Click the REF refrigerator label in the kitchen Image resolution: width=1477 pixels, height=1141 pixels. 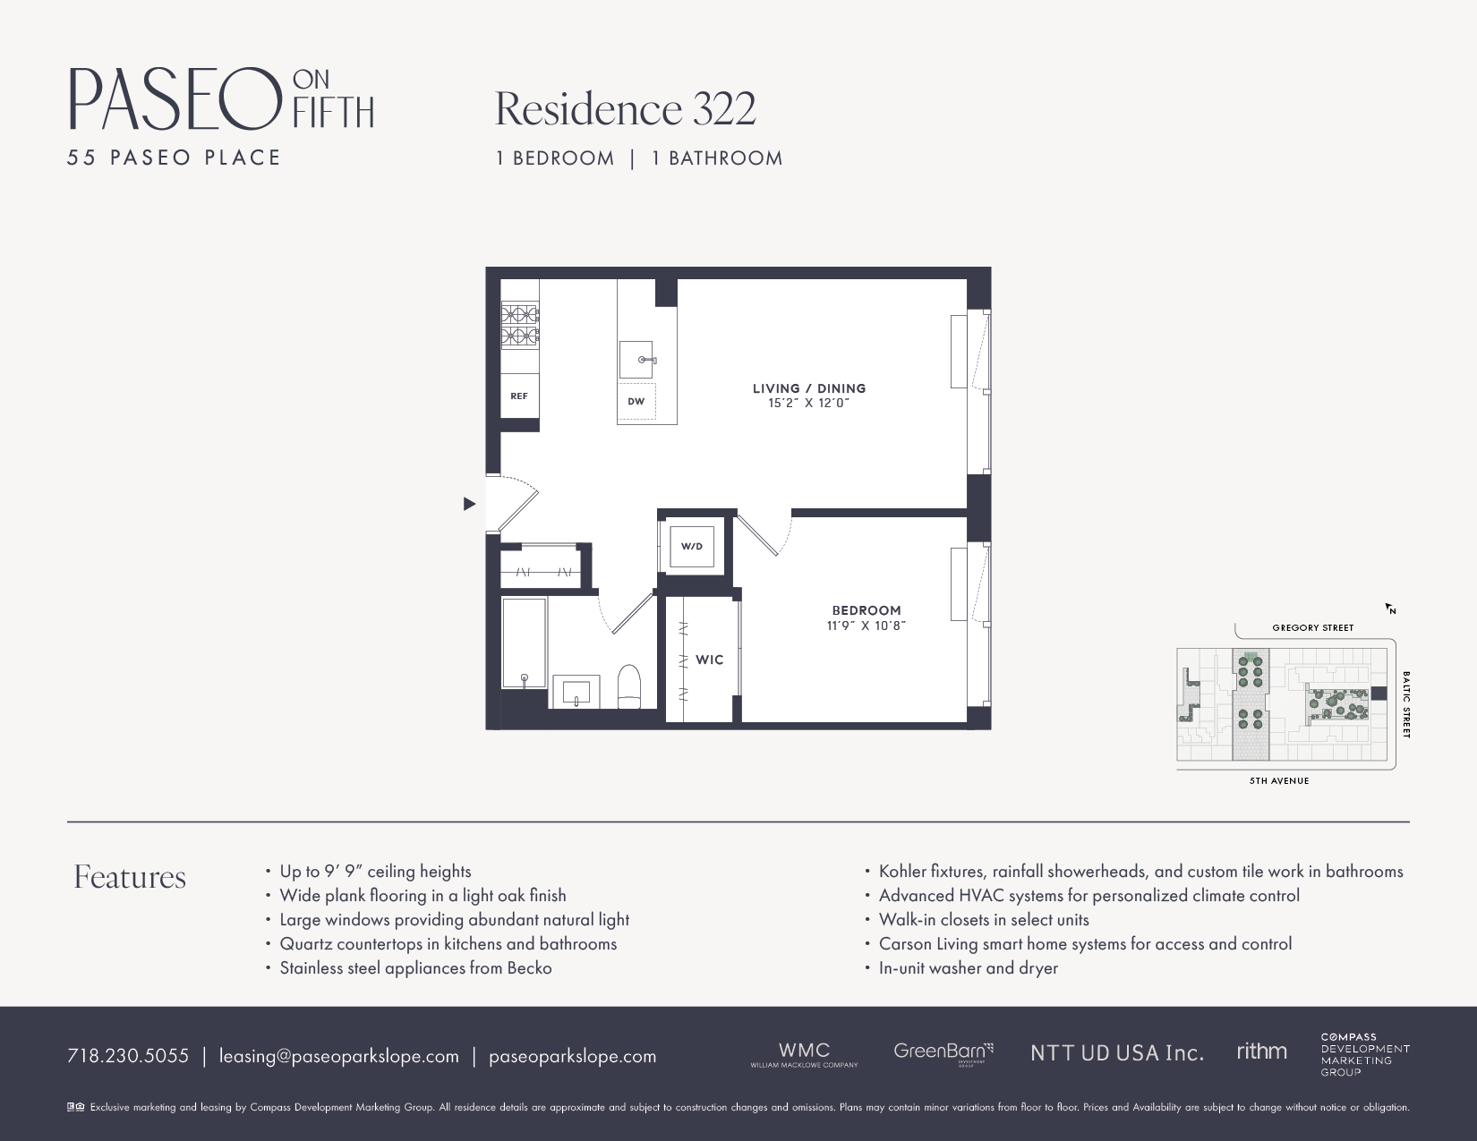pyautogui.click(x=519, y=396)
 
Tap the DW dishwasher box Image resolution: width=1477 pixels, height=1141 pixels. pyautogui.click(x=636, y=401)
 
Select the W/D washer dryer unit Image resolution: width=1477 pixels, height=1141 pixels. pyautogui.click(x=692, y=546)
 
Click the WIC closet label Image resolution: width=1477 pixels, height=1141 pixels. pyautogui.click(x=709, y=660)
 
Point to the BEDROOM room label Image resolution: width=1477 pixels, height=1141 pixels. pyautogui.click(x=866, y=610)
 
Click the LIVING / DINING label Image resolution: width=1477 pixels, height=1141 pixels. pyautogui.click(x=808, y=388)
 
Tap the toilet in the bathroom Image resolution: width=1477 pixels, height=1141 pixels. pyautogui.click(x=629, y=686)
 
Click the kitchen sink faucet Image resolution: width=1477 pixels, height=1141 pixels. pyautogui.click(x=646, y=360)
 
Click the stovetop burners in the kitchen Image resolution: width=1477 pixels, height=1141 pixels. pyautogui.click(x=519, y=326)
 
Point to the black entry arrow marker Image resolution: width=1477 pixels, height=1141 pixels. pyautogui.click(x=469, y=504)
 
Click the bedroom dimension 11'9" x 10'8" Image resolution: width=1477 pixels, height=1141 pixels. pyautogui.click(x=866, y=626)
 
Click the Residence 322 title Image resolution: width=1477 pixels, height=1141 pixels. pyautogui.click(x=625, y=109)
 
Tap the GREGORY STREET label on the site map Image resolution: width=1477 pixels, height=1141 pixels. pyautogui.click(x=1312, y=627)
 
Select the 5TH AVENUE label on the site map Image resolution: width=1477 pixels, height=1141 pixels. pyautogui.click(x=1279, y=780)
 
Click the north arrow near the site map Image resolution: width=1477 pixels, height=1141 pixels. pyautogui.click(x=1390, y=609)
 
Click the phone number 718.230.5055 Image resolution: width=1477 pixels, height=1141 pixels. pyautogui.click(x=128, y=1056)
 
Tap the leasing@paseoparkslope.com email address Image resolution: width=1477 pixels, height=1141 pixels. pyautogui.click(x=338, y=1056)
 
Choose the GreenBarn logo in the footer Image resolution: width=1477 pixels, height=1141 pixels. pyautogui.click(x=943, y=1052)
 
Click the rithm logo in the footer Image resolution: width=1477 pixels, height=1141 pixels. pyautogui.click(x=1261, y=1052)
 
